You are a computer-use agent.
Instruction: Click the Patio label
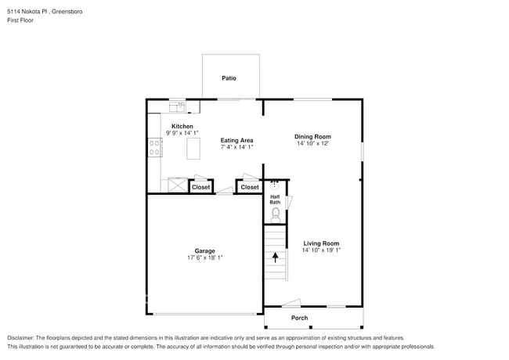pyautogui.click(x=229, y=78)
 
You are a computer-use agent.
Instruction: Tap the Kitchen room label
pyautogui.click(x=182, y=126)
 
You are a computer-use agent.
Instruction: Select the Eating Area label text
pyautogui.click(x=236, y=140)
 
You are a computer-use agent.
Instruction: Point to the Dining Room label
pyautogui.click(x=312, y=136)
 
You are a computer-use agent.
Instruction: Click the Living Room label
pyautogui.click(x=321, y=243)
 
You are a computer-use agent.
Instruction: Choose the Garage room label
pyautogui.click(x=205, y=251)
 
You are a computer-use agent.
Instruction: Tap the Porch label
pyautogui.click(x=299, y=318)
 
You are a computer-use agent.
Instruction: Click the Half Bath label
pyautogui.click(x=275, y=200)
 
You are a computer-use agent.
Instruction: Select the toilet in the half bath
pyautogui.click(x=275, y=213)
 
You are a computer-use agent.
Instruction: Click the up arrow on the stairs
pyautogui.click(x=275, y=256)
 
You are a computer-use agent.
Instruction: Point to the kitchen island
pyautogui.click(x=193, y=148)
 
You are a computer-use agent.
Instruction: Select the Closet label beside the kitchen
pyautogui.click(x=201, y=187)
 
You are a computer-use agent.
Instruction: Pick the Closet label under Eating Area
pyautogui.click(x=249, y=187)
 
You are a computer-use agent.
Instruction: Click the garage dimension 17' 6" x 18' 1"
pyautogui.click(x=205, y=257)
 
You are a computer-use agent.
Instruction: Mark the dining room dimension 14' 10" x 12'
pyautogui.click(x=312, y=143)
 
